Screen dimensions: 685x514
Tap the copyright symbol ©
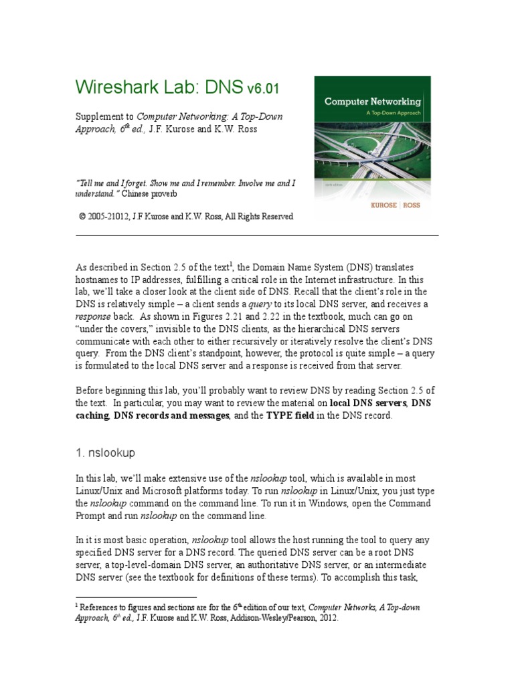[82, 217]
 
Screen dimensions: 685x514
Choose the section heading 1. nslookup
[105, 453]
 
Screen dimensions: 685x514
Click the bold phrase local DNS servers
[368, 403]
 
